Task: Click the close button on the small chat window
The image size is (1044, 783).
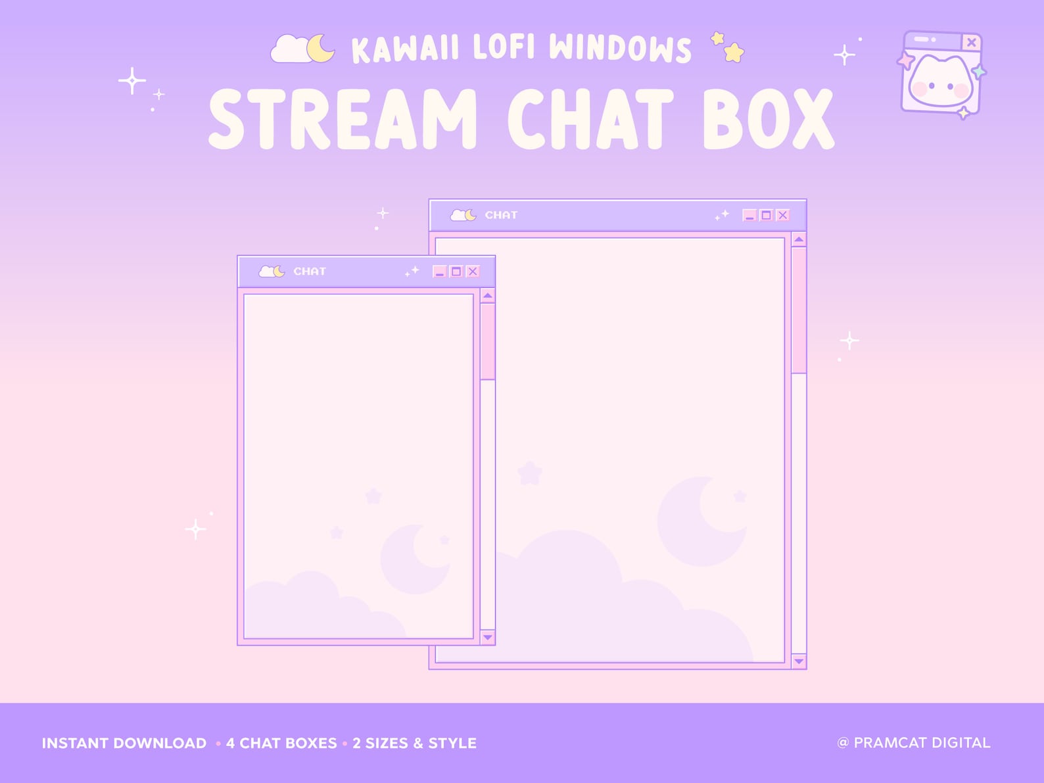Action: point(472,272)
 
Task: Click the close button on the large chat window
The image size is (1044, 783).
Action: point(782,215)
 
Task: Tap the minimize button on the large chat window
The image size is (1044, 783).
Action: point(749,215)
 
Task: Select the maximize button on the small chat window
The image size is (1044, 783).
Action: point(456,272)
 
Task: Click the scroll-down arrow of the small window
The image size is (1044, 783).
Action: point(487,637)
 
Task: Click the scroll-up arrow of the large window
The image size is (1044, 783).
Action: point(799,240)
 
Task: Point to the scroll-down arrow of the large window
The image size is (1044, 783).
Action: point(799,661)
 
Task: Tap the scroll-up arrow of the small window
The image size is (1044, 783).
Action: point(487,297)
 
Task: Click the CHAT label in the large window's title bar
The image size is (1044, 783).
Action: point(501,215)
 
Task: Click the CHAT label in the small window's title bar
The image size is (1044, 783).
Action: point(310,272)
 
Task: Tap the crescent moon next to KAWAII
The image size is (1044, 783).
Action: point(321,49)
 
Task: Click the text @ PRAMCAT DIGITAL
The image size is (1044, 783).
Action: point(913,743)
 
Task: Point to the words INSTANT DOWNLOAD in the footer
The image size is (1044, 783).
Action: point(124,744)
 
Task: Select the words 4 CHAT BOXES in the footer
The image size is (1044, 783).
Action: point(281,744)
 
